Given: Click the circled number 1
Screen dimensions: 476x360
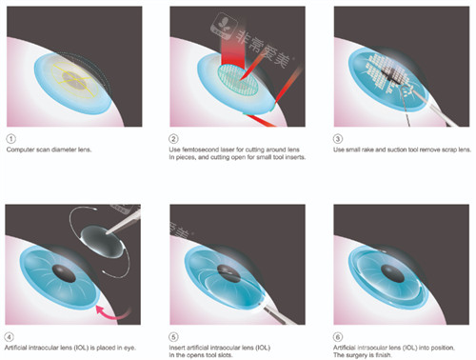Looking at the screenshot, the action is (10, 139).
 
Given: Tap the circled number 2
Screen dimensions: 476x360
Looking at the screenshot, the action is (173, 139).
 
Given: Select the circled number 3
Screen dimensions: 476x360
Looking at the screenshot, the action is (338, 139).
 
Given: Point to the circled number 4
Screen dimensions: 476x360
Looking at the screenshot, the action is (10, 337).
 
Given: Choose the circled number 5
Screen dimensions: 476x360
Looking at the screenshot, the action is (173, 337).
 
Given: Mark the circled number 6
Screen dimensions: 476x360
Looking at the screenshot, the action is (338, 337).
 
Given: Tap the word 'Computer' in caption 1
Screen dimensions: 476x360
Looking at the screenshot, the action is (18, 150).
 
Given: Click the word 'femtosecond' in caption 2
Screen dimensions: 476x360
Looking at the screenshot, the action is (199, 150).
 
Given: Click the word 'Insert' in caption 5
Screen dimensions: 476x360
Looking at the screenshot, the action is (176, 348).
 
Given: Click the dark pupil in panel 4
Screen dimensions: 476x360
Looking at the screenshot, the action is (65, 273).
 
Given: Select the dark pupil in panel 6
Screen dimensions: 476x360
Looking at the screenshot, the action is (392, 273).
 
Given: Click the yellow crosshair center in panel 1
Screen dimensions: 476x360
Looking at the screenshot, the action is (74, 79).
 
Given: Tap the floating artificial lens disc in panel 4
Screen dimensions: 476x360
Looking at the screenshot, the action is (102, 241).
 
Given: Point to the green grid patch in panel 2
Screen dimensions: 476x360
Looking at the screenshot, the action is (238, 79).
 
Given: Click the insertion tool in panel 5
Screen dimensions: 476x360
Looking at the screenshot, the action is (276, 314).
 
